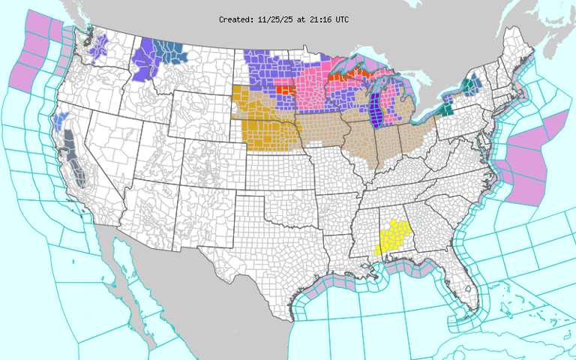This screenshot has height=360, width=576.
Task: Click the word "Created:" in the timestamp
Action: click(236, 19)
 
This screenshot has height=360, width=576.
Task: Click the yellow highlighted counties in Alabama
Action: click(393, 238)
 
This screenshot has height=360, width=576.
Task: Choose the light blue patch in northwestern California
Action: click(61, 118)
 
